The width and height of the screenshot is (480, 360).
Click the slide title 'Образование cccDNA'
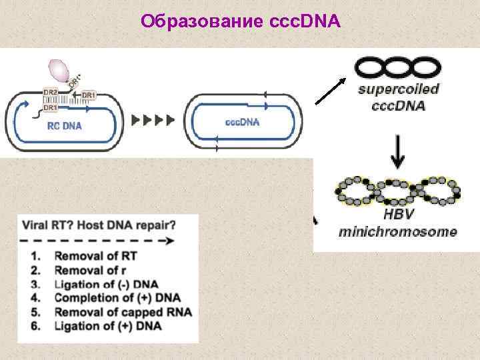click(241, 23)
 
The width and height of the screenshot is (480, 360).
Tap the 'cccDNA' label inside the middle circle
click(243, 122)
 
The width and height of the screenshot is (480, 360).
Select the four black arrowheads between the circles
click(153, 120)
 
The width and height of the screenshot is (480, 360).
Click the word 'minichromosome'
click(398, 232)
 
